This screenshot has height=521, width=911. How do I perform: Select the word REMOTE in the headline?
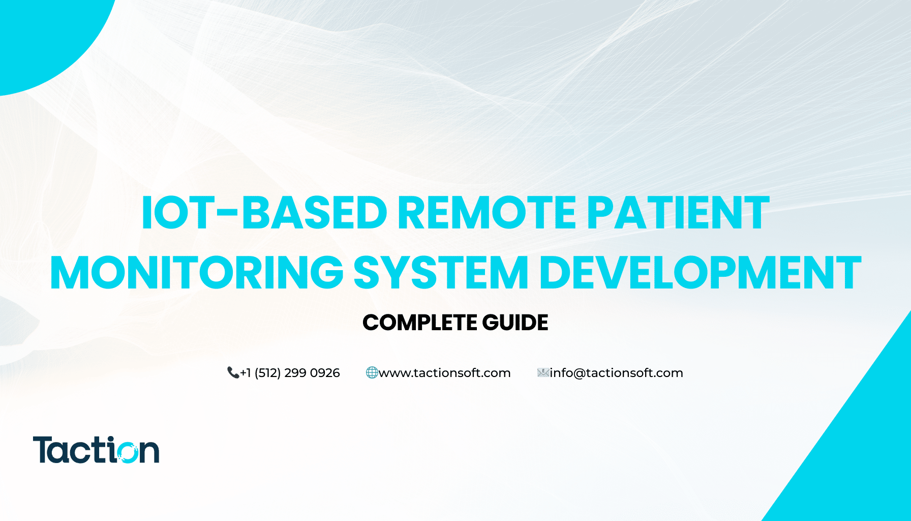click(487, 213)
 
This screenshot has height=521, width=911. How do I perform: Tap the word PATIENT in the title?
click(678, 213)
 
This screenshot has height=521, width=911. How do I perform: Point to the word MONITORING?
click(197, 273)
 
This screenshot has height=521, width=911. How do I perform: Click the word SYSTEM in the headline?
click(441, 273)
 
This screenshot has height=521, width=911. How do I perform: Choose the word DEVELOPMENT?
click(700, 273)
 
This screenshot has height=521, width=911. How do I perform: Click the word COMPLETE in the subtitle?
click(419, 323)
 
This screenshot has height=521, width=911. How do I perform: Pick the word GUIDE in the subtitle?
click(515, 323)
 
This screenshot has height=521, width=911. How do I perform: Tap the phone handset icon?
click(233, 373)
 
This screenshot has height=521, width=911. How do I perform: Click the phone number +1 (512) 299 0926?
click(290, 373)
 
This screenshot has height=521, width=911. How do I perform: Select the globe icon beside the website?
click(372, 373)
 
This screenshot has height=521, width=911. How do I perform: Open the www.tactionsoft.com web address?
click(444, 373)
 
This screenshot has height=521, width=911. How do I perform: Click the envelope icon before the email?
click(543, 373)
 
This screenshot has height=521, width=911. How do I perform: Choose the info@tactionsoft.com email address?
click(616, 373)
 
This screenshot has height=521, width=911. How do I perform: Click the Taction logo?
click(96, 450)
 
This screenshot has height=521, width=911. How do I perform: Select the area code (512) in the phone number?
click(267, 373)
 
